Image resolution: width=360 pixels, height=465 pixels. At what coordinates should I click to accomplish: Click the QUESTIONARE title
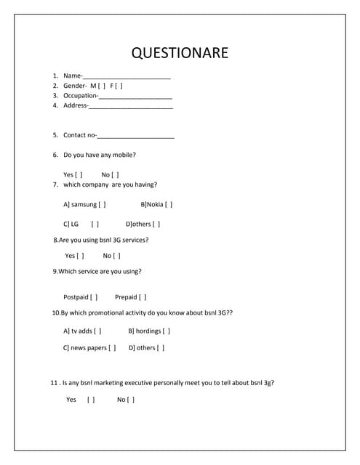click(180, 53)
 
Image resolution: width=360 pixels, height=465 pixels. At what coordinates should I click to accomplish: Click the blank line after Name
click(127, 76)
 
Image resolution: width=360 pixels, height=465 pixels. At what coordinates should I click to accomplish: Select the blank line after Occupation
click(135, 96)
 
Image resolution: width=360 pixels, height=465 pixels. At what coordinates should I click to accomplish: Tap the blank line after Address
click(131, 106)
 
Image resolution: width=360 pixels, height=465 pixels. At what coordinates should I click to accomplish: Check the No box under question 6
click(116, 175)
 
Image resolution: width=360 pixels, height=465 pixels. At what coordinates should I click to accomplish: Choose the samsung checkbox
click(103, 205)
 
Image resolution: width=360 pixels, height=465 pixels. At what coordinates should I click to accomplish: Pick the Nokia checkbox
click(169, 205)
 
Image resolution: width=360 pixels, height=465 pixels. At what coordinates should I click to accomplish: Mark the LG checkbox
click(95, 225)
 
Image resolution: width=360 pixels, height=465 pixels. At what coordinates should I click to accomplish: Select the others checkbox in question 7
click(156, 225)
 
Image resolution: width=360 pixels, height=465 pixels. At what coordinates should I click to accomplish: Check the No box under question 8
click(117, 256)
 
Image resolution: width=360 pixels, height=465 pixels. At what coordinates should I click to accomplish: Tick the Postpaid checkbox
click(95, 297)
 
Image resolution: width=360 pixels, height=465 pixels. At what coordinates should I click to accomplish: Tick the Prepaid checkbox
click(143, 297)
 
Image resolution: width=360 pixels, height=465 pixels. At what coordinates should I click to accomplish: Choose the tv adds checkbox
click(98, 331)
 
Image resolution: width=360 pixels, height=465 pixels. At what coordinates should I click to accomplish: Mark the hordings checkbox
click(167, 331)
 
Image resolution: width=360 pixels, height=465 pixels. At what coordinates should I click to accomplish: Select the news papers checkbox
click(113, 348)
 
